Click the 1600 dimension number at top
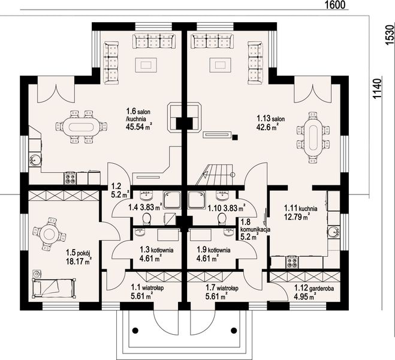tap(334, 5)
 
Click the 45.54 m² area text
tap(139, 127)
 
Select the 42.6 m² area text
tap(267, 127)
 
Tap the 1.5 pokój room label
tap(78, 253)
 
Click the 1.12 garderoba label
tap(314, 288)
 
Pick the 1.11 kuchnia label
tap(300, 208)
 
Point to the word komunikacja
tap(255, 230)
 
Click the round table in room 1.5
tap(49, 234)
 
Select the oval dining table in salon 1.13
tap(312, 138)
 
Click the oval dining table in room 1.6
tap(82, 127)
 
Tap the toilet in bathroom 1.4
tap(147, 219)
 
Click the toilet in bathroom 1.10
tap(222, 219)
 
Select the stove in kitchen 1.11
tap(293, 262)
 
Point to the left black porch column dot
tap(135, 330)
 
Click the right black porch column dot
tap(234, 330)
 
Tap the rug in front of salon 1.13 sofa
tap(220, 65)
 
